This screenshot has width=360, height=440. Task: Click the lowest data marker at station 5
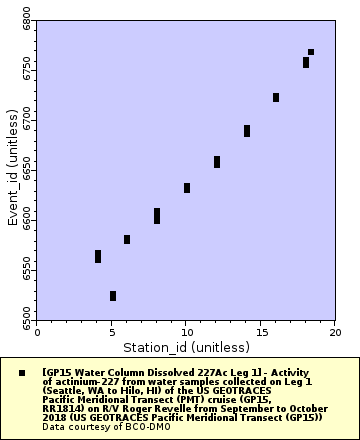[113, 296]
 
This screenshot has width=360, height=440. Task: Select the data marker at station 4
[98, 257]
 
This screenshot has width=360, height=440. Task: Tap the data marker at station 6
[127, 239]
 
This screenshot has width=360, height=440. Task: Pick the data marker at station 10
[187, 188]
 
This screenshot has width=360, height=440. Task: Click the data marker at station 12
[217, 162]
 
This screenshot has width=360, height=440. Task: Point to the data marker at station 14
[247, 131]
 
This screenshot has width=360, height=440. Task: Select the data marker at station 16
[276, 97]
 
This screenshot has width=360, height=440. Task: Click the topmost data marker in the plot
[311, 52]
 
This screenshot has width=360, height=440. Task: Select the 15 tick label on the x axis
[261, 331]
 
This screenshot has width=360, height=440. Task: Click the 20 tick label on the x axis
[335, 331]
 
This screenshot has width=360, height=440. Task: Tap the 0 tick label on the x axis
[37, 331]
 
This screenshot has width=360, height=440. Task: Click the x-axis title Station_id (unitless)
[186, 346]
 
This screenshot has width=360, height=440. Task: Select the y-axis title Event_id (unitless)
[12, 167]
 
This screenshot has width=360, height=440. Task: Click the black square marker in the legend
[21, 372]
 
